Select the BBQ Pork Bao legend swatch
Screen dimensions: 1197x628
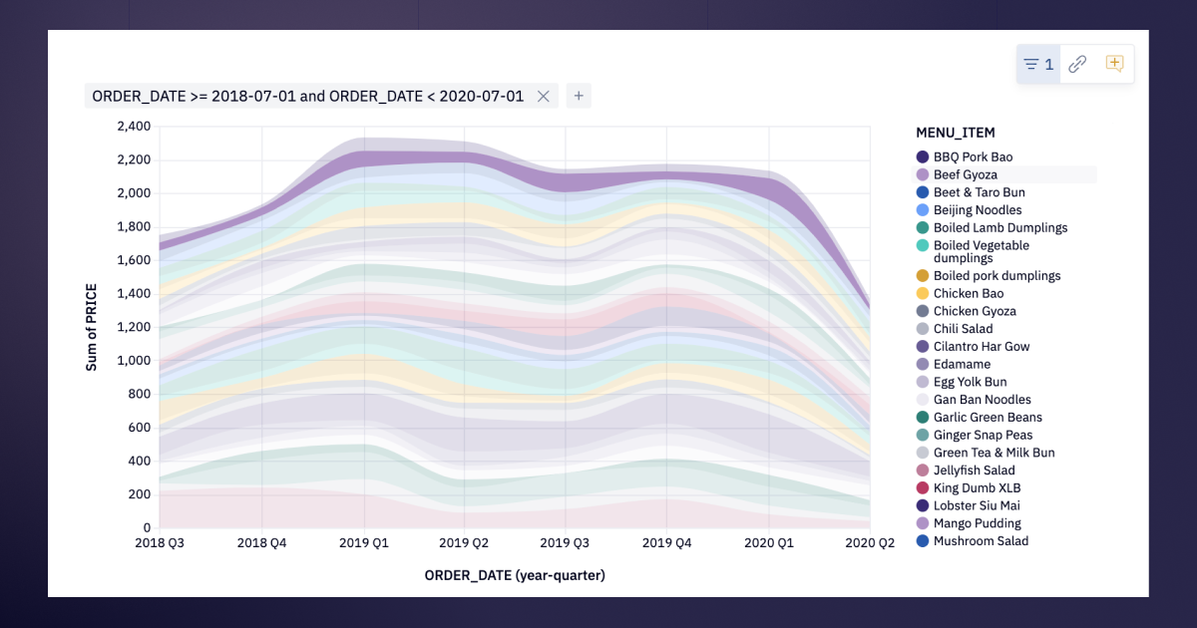pos(923,157)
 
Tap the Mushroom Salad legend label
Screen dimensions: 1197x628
pos(981,541)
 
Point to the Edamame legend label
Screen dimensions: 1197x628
pos(962,364)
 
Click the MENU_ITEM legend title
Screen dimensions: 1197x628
pos(956,133)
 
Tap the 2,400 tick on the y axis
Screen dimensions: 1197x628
pos(134,126)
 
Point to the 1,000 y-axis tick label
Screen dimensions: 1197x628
pos(134,361)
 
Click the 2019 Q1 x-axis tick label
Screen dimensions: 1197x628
pos(364,543)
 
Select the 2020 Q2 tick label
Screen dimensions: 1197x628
pos(870,543)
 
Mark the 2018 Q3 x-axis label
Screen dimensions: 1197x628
pos(160,543)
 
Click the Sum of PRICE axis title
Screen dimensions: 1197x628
pos(92,327)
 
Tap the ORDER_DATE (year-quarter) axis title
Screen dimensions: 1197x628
pos(515,576)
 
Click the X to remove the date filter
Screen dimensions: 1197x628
pos(543,96)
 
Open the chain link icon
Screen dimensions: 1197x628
pos(1077,64)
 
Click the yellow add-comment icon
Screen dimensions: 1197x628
pos(1114,64)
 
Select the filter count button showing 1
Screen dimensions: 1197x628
pos(1038,64)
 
